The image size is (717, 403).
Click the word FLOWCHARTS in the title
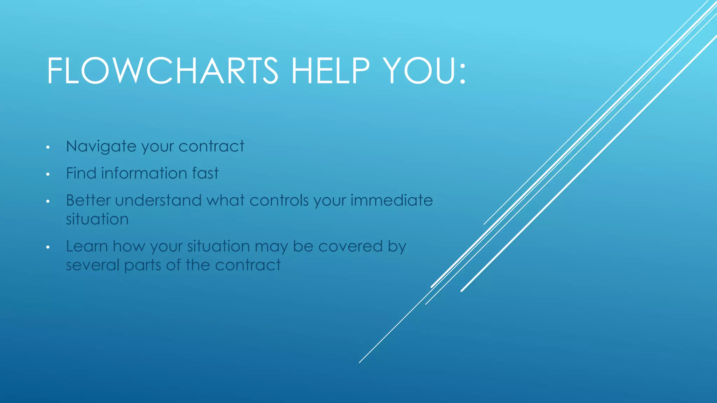coord(162,71)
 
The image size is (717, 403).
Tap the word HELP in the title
coord(330,71)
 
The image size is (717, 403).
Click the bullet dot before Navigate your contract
coord(48,147)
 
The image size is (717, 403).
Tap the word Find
coord(81,173)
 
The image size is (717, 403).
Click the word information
coord(144,173)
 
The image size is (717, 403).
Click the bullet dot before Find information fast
coord(48,174)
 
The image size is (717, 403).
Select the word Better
coord(88,200)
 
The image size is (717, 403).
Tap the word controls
coord(279,200)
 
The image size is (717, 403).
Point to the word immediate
coord(391,200)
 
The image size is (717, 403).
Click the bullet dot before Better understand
coord(48,201)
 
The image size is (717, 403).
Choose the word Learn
coord(87,246)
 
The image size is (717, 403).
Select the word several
coord(92,265)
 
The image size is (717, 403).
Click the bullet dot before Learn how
coord(48,247)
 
